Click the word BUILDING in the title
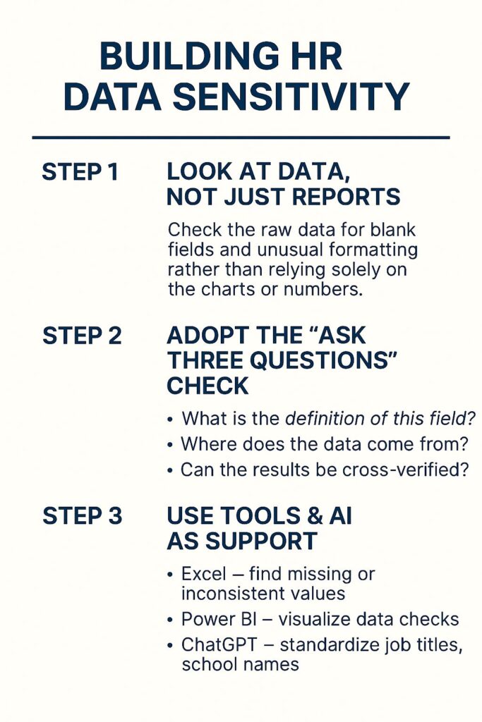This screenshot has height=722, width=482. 189,56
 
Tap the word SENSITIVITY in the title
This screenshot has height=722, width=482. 291,97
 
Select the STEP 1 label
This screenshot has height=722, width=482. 80,172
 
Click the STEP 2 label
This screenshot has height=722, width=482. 82,336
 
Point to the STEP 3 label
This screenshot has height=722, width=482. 82,515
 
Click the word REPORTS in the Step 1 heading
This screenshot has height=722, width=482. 346,197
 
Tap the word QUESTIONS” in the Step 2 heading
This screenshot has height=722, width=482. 325,360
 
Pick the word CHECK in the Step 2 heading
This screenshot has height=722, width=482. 207,386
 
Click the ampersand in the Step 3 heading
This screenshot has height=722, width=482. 314,515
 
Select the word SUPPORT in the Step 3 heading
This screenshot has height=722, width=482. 261,541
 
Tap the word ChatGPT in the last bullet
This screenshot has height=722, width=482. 219,644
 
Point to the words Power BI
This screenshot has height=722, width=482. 219,619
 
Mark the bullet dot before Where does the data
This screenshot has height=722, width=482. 171,446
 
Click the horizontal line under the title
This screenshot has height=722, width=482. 241,137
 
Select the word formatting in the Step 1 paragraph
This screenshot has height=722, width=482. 373,250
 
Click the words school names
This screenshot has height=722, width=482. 240,664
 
